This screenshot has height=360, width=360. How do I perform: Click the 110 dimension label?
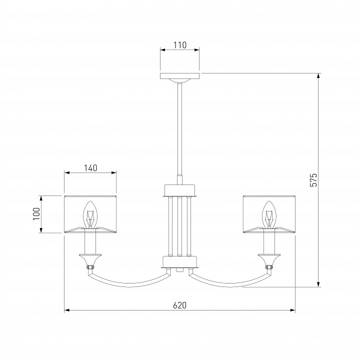tap(180, 45)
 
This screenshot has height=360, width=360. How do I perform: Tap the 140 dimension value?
tap(90, 168)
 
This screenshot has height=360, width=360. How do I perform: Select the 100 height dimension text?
tap(36, 214)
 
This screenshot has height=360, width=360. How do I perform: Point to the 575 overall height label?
tap(313, 180)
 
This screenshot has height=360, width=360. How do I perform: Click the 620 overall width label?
tap(180, 305)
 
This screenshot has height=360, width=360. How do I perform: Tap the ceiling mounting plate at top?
tap(180, 76)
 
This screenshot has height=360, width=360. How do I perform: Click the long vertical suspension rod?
tap(180, 128)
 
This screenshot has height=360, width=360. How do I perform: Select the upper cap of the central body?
tap(180, 190)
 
